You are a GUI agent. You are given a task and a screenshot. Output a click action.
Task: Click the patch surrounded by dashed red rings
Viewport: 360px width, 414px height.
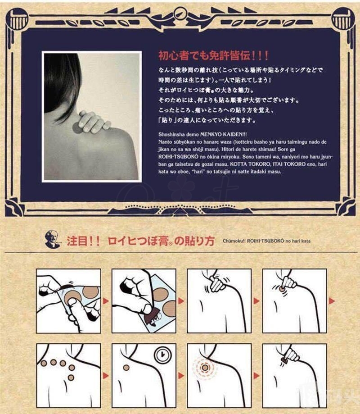pyautogui.click(x=205, y=368)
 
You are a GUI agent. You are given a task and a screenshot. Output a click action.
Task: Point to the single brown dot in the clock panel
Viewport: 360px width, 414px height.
pyautogui.click(x=126, y=368)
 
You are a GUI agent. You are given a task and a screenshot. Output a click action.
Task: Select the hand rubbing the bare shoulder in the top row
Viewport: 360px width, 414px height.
pyautogui.click(x=218, y=284)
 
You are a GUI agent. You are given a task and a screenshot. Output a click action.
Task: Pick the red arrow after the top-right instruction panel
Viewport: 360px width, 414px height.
pyautogui.click(x=332, y=300)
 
